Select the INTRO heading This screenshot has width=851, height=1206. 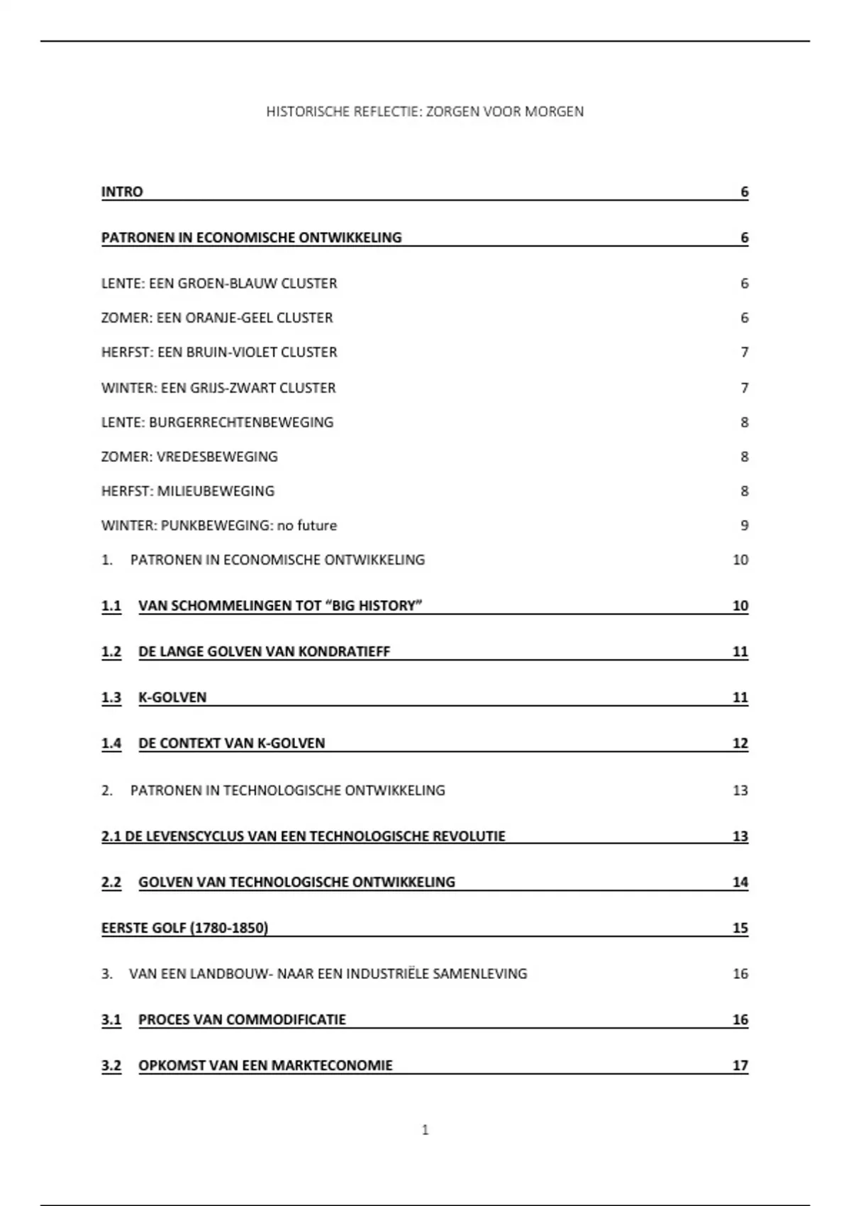coord(122,192)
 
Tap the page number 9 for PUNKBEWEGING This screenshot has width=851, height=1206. coord(744,526)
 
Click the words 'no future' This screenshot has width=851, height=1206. coord(307,526)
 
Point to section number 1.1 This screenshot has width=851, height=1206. coord(111,606)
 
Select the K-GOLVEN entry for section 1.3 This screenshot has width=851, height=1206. coord(172,697)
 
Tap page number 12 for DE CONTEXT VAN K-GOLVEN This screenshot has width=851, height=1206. coord(740,743)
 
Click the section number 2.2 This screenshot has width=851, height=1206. coord(111,882)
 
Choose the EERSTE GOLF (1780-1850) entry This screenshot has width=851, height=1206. coord(184,928)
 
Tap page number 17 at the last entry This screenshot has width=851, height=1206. coord(740,1066)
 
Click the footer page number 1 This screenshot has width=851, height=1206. coord(425,1130)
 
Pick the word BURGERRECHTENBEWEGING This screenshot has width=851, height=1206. coord(241,422)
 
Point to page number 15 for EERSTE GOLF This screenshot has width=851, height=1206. coord(740,928)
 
